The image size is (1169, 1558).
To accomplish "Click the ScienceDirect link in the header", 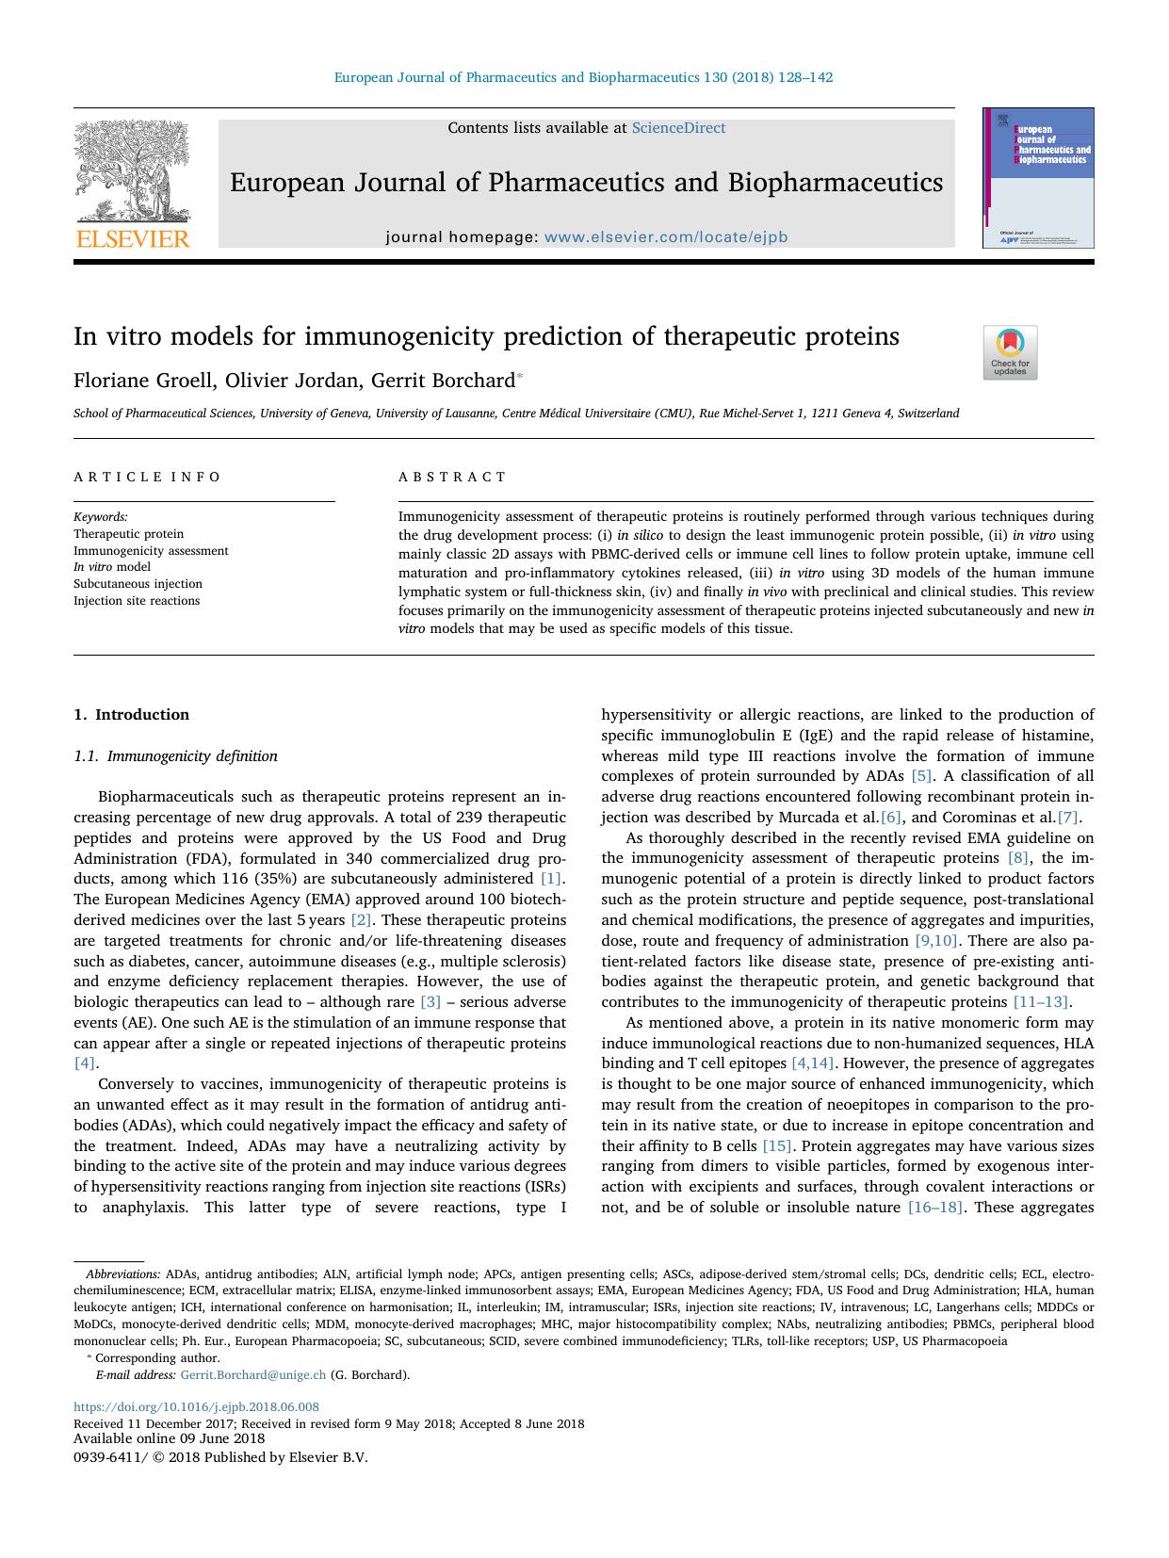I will tap(678, 128).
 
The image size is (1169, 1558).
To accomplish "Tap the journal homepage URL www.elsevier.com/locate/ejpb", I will tap(666, 237).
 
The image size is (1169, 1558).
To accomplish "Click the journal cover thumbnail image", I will tap(1038, 178).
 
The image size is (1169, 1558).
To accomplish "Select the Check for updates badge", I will tap(1010, 352).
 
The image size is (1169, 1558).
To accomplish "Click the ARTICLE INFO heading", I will tap(147, 477).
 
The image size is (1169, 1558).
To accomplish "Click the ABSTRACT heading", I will tap(452, 477).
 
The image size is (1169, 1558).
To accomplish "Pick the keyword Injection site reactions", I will tap(137, 601).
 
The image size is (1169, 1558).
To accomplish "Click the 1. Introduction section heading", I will tap(131, 714).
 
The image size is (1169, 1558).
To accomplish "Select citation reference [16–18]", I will tap(934, 1207).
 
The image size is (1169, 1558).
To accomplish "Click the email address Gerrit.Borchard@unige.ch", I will tap(252, 1374).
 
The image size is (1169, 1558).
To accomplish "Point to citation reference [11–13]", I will tap(1040, 1001).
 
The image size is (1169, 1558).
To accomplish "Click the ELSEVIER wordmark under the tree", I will tap(132, 238).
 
